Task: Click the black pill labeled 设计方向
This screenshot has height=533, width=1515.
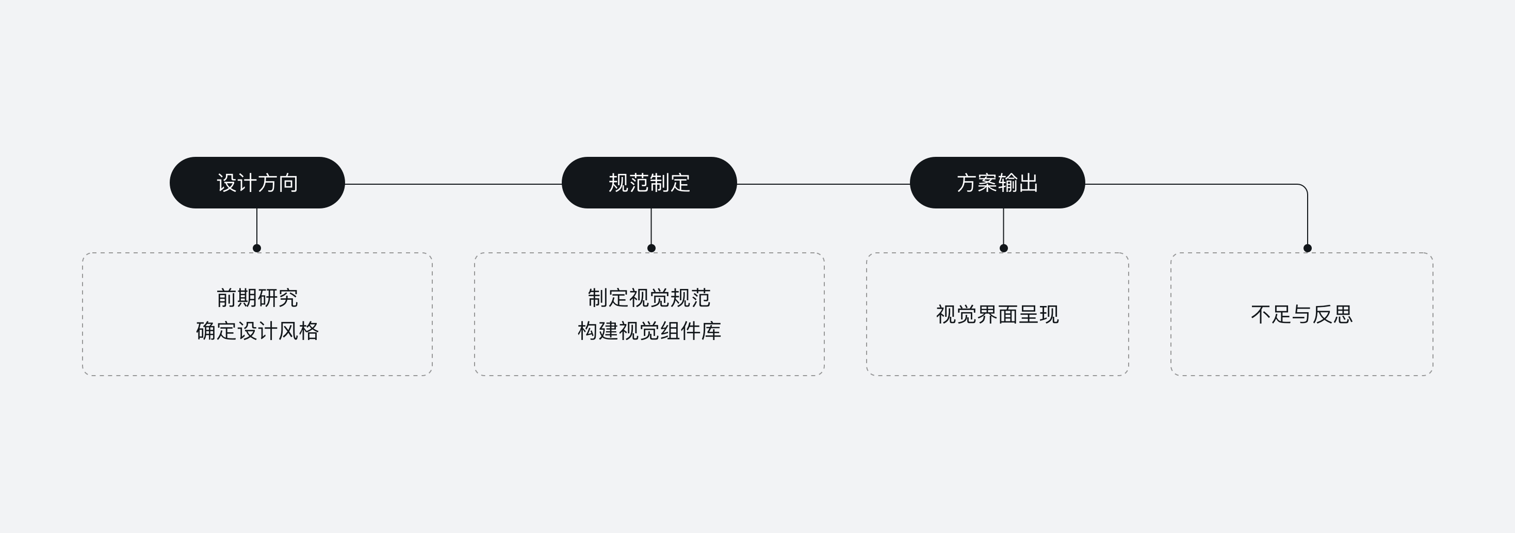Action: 257,182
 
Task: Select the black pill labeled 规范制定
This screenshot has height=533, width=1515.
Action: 649,182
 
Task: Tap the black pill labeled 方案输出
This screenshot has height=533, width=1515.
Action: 998,182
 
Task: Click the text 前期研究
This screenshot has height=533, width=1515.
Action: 257,298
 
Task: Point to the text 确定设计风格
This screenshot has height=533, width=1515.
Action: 257,331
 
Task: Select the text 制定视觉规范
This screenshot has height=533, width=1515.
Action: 649,298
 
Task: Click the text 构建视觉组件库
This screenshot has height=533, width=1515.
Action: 649,331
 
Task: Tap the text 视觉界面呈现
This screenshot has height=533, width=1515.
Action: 998,314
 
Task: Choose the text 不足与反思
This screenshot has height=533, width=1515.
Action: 1302,314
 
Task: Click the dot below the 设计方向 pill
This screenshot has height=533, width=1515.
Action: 257,248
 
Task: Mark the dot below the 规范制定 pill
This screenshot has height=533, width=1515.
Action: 651,248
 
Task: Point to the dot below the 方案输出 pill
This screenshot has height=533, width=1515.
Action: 1003,248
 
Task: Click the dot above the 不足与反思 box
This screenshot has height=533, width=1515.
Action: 1308,248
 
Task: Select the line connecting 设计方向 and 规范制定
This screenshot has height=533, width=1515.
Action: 453,184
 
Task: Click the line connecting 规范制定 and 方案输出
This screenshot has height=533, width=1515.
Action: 823,184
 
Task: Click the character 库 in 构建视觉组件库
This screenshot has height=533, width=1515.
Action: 711,331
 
